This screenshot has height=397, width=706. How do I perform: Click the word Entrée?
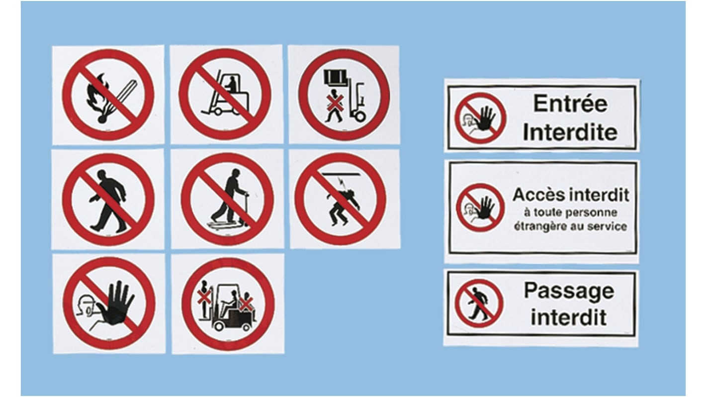tap(570, 103)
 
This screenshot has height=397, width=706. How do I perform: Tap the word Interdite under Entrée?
tap(570, 132)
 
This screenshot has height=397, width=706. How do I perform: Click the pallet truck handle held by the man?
tap(245, 208)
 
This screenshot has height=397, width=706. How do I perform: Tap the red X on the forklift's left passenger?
tap(204, 297)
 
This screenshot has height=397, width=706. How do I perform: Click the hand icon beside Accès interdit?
tap(485, 207)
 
